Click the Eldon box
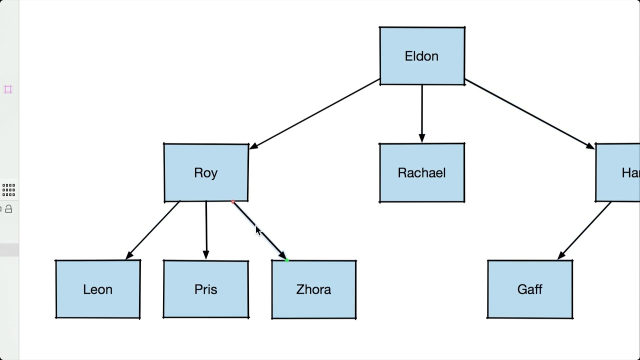click(x=422, y=56)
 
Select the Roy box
click(x=206, y=172)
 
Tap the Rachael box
click(x=422, y=172)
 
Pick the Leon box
click(x=98, y=289)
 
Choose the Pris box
click(x=206, y=289)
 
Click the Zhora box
click(x=314, y=289)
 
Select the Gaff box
click(x=530, y=289)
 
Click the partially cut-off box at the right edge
click(x=619, y=172)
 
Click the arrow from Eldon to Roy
click(x=315, y=113)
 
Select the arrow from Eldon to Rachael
click(x=422, y=112)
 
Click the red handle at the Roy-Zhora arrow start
click(x=233, y=202)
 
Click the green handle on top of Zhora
click(x=286, y=260)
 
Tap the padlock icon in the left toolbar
click(x=8, y=209)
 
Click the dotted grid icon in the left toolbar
click(x=8, y=189)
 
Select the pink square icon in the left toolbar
click(x=8, y=89)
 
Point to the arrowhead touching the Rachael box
click(x=422, y=138)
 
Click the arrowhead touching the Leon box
click(x=129, y=255)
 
